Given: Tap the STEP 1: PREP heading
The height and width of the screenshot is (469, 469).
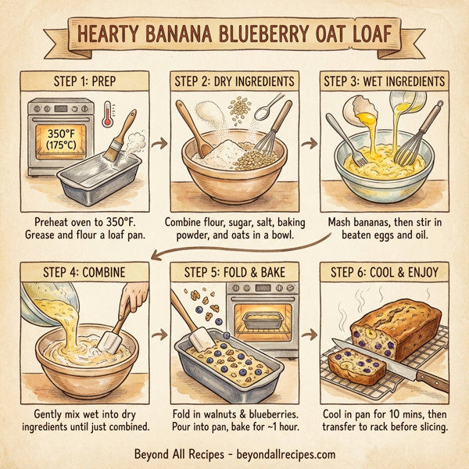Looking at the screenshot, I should click(x=81, y=81).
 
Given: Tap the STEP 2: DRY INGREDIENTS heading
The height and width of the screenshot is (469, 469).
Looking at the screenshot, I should click(x=234, y=81).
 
